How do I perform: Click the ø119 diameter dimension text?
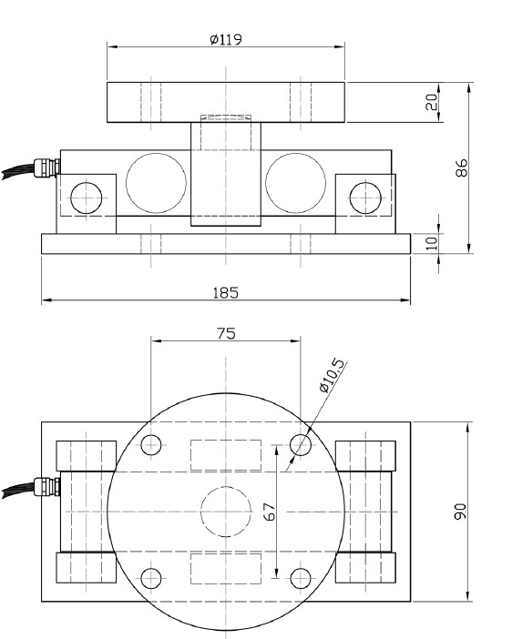tap(225, 40)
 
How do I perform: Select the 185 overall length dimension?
tap(225, 292)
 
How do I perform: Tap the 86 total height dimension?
tap(462, 168)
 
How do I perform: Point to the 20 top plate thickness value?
tap(432, 102)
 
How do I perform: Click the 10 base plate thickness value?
tap(432, 243)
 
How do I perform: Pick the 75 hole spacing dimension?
tap(226, 333)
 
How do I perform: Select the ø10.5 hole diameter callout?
tap(333, 376)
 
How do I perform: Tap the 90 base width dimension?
tap(462, 512)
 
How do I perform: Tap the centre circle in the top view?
tap(225, 512)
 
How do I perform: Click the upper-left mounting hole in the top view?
tap(152, 445)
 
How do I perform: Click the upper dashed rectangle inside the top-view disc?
tap(225, 454)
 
